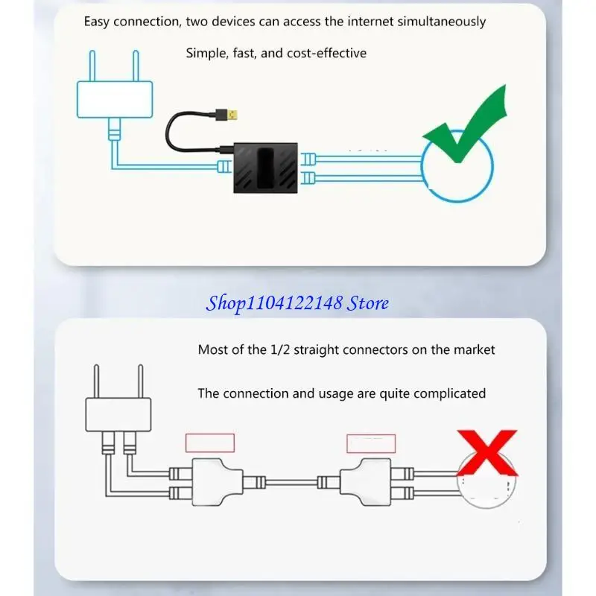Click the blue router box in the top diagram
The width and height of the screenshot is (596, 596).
(115, 99)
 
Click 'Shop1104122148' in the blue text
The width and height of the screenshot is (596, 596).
(275, 303)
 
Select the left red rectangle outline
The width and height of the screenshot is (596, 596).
(209, 443)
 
